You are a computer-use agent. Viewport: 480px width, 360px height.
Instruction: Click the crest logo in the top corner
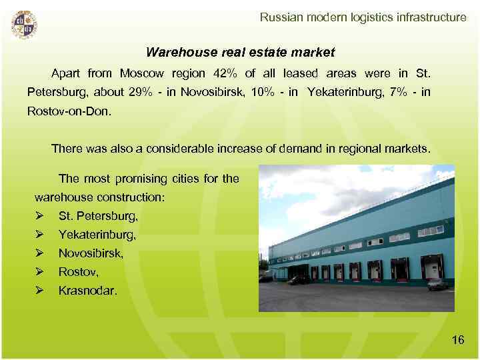(x=24, y=25)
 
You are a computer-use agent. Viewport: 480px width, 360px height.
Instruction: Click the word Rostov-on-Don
(x=70, y=111)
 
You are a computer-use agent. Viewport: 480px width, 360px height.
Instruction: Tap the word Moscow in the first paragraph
(x=141, y=73)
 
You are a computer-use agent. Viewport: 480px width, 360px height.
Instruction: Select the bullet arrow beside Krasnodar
(x=41, y=291)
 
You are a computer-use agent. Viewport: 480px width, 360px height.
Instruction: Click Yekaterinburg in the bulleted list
(x=97, y=235)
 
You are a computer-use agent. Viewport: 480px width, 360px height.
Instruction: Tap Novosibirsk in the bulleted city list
(x=91, y=253)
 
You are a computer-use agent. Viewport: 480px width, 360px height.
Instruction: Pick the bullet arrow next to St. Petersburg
(x=41, y=216)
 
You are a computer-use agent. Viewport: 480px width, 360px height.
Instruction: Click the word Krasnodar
(x=88, y=291)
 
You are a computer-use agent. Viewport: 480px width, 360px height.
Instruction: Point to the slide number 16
(x=457, y=340)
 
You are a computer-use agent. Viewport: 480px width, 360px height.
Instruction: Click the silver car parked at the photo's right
(x=437, y=285)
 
